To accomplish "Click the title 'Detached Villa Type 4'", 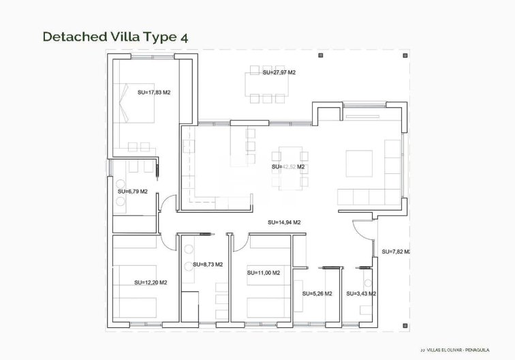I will tap(114, 37).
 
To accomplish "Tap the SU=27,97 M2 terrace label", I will tap(279, 72).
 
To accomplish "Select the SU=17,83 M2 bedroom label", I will tap(153, 91).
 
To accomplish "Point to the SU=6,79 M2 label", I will tap(131, 192).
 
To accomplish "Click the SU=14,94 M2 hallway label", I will tap(284, 222).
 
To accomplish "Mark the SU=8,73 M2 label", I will tap(207, 264).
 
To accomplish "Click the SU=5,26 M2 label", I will tap(317, 294).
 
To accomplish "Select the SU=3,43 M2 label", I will tap(362, 294).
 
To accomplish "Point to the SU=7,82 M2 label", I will tap(395, 252).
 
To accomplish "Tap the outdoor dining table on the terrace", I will tap(269, 86).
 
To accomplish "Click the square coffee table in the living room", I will tap(359, 163).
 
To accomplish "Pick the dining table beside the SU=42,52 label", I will tap(289, 167).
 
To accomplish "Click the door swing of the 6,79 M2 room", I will tap(166, 202).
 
